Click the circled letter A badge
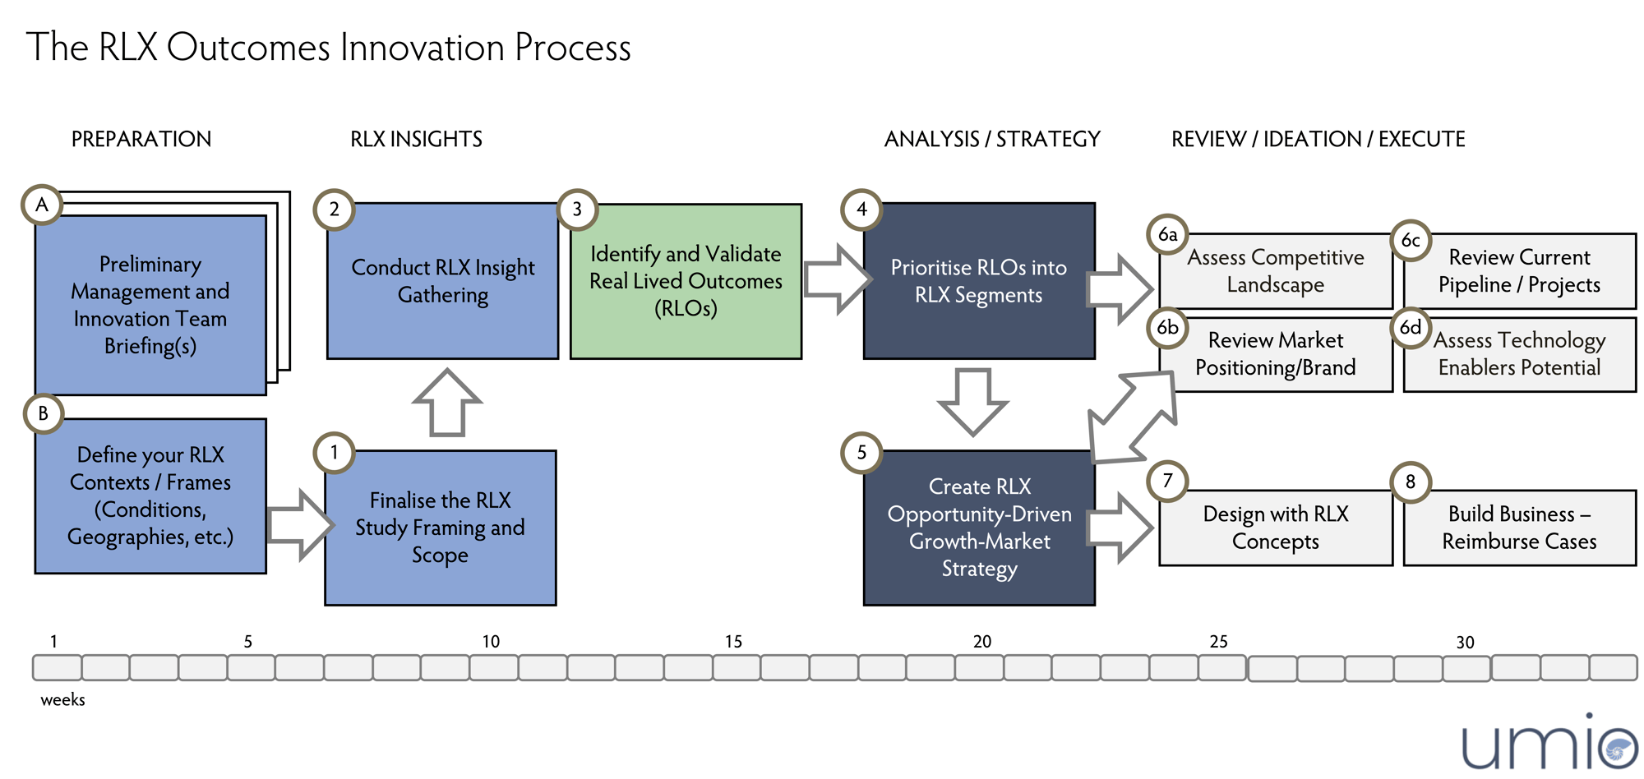point(42,205)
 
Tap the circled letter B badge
point(44,413)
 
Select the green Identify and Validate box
point(686,281)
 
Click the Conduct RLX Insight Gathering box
point(442,281)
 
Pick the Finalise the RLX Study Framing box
point(440,528)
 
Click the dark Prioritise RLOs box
point(978,281)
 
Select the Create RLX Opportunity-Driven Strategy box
point(978,528)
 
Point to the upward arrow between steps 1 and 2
point(447,402)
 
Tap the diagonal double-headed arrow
point(1133,417)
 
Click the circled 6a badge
point(1167,235)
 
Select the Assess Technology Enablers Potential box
point(1519,355)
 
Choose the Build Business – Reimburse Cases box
point(1519,528)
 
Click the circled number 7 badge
point(1167,481)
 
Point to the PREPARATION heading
point(141,139)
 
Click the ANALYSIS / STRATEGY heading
point(991,139)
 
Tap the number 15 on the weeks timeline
point(733,642)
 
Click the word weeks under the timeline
point(62,700)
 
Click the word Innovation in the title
point(423,48)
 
